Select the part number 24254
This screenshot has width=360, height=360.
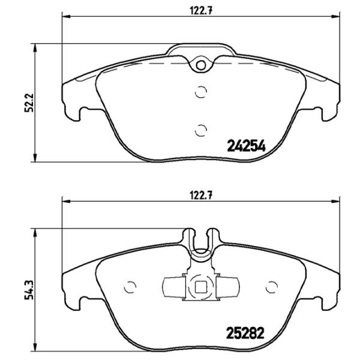tap(245, 145)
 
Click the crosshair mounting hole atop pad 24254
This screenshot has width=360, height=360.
tap(200, 63)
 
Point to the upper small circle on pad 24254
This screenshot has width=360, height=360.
tap(201, 92)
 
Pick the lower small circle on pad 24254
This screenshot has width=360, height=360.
tap(201, 128)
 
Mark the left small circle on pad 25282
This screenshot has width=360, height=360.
tap(128, 287)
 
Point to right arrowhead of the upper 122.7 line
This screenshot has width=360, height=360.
tap(334, 17)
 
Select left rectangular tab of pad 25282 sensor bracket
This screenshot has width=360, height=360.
tap(173, 286)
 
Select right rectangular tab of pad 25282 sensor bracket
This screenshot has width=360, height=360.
tap(227, 286)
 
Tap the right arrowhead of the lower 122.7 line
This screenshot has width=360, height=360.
tap(334, 202)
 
